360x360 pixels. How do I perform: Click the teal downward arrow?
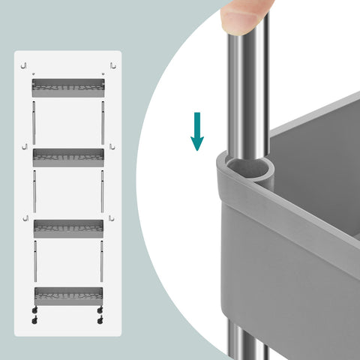(x=197, y=131)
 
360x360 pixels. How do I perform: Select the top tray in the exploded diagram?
(x=67, y=87)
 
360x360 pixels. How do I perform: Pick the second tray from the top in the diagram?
(x=67, y=157)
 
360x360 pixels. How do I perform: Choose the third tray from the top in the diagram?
(x=67, y=229)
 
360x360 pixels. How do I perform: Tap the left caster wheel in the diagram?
(x=35, y=319)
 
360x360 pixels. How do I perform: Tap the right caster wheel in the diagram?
(x=100, y=319)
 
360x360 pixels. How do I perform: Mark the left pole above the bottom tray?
(x=34, y=261)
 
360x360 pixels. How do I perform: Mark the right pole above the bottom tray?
(x=102, y=261)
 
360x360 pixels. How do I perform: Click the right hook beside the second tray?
(x=111, y=147)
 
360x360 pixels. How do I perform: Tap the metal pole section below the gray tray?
(x=245, y=341)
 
